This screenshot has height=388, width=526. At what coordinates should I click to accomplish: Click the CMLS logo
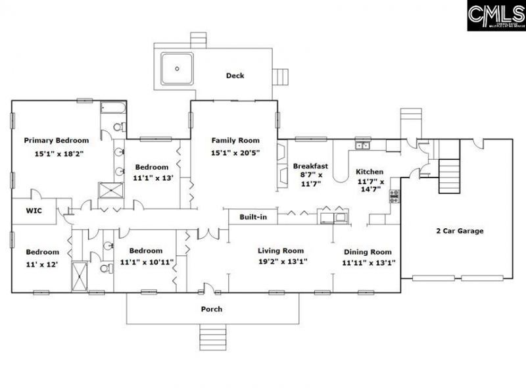tap(496, 15)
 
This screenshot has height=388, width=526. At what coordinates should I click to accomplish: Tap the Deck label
tap(235, 76)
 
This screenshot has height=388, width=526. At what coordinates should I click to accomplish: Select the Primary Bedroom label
tap(56, 140)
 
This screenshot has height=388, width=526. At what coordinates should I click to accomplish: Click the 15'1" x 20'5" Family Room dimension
tap(235, 153)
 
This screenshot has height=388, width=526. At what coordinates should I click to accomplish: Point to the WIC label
tap(34, 211)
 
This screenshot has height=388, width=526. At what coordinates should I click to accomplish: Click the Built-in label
tap(253, 216)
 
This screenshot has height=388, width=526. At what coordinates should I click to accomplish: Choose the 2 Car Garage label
tap(460, 231)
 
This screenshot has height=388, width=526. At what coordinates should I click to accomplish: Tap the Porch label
tap(211, 309)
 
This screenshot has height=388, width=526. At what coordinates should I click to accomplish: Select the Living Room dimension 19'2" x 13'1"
tap(281, 261)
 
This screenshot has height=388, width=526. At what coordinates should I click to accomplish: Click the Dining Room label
tap(367, 251)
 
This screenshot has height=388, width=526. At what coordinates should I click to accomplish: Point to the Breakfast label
tap(310, 166)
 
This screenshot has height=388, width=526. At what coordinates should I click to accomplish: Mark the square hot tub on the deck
tap(177, 68)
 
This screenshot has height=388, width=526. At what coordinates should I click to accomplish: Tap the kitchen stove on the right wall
tap(394, 195)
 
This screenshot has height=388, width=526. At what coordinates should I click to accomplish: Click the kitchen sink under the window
tap(362, 145)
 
